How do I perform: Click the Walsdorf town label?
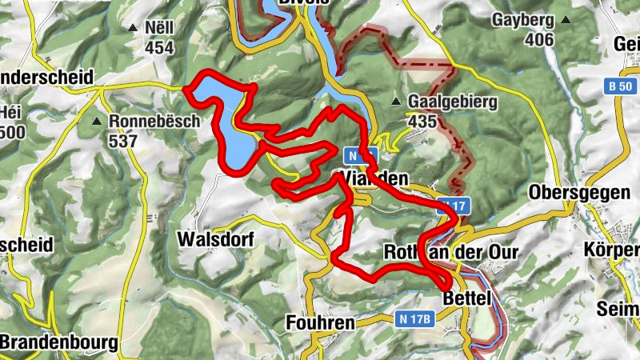point(215,239)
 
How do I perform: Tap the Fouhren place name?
point(320,323)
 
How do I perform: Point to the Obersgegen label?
point(575,194)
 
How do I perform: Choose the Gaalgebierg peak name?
point(453,102)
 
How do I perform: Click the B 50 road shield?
point(618,86)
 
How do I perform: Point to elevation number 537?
point(124,142)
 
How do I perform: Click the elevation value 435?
point(422,122)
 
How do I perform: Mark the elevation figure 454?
point(159,46)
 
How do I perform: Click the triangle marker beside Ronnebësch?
point(97,122)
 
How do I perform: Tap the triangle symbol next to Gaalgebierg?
point(395,102)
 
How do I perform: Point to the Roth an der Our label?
point(451,252)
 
